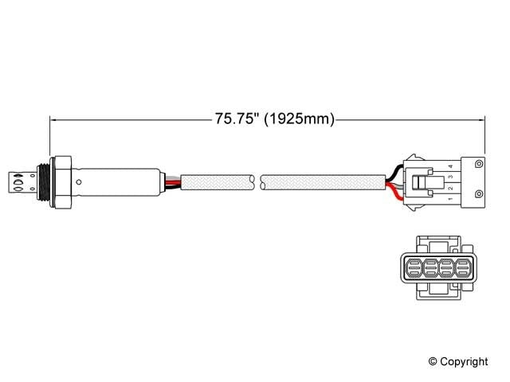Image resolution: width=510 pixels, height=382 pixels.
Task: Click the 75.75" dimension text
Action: click(237, 119)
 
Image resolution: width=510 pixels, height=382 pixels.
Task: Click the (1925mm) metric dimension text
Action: click(297, 119)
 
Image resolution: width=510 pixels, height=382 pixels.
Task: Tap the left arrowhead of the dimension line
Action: click(54, 119)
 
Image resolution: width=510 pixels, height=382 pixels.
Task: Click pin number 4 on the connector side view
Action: click(450, 166)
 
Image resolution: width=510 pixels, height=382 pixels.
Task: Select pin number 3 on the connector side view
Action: click(450, 177)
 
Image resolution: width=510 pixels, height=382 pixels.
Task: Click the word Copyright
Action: click(464, 361)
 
